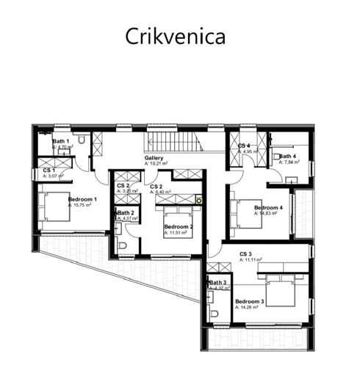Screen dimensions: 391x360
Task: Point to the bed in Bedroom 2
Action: coord(179,218)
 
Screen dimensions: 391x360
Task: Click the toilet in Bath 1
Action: coord(83,140)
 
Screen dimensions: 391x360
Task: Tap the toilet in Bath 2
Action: coord(122,245)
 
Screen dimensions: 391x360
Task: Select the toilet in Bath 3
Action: coord(214,312)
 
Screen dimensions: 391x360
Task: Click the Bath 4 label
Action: coord(287,156)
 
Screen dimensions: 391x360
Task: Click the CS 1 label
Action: coord(49,171)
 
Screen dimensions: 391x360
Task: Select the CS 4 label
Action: coord(244,146)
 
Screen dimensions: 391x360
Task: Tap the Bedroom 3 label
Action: coord(249,301)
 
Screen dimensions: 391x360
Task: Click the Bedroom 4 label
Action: coord(268,208)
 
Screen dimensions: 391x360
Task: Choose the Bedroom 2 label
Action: coord(179,227)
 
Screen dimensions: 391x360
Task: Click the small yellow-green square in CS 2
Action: coord(198,200)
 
